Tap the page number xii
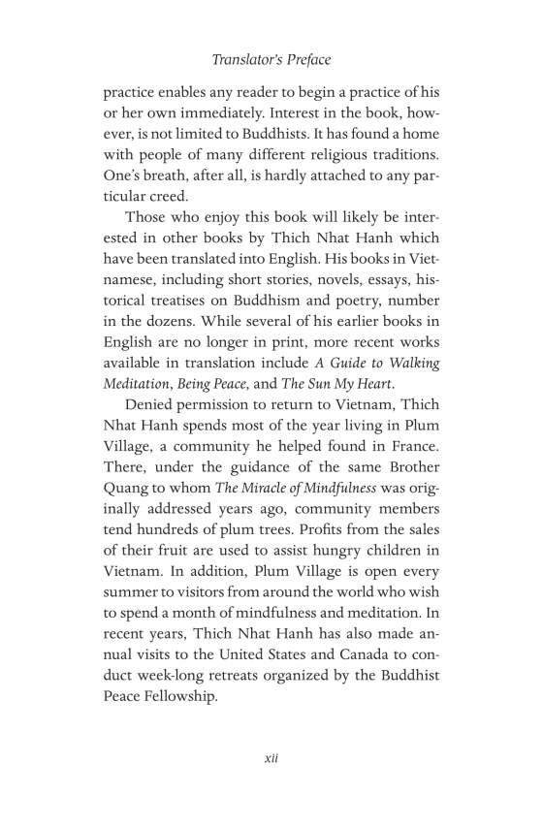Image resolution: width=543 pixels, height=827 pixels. pos(271,758)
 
